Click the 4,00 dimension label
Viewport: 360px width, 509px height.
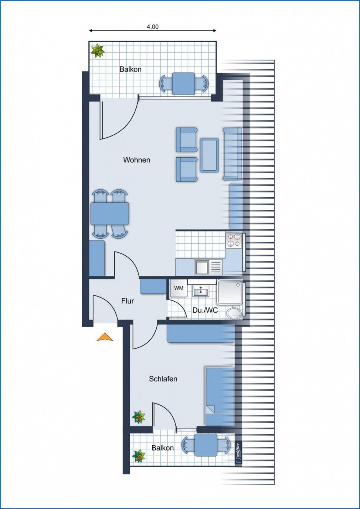pos(153,27)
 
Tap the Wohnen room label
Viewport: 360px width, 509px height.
pos(137,160)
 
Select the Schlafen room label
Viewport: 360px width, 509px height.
pos(163,379)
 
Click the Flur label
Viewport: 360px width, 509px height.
pos(128,301)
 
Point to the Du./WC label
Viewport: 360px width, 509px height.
pos(205,311)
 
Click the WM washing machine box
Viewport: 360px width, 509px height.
pos(178,288)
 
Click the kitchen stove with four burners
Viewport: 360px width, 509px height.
pos(234,239)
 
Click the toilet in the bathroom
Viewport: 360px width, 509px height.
pos(234,313)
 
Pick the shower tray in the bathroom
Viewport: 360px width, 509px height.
pos(230,292)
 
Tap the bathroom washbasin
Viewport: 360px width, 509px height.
pos(201,291)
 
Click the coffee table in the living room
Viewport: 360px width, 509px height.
pos(209,155)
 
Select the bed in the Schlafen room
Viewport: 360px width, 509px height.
pos(220,396)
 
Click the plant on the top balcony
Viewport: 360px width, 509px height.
pos(97,51)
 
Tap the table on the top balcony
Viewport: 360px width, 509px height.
pos(184,83)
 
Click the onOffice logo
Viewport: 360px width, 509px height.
pos(239,453)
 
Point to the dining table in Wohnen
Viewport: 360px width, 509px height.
pos(110,213)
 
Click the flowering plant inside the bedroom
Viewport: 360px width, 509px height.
pos(139,417)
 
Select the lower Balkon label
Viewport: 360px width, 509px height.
pos(163,448)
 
